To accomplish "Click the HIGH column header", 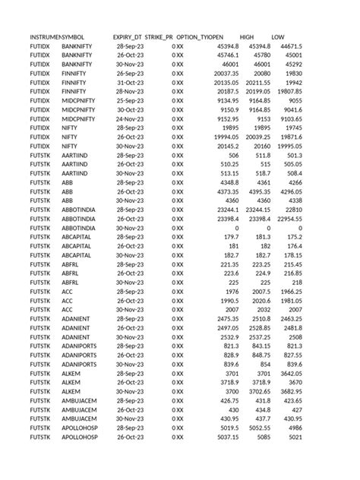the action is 247,37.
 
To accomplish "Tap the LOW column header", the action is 278,37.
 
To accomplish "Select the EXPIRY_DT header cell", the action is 127,37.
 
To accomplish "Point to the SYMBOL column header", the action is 73,37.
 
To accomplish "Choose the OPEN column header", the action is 215,37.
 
